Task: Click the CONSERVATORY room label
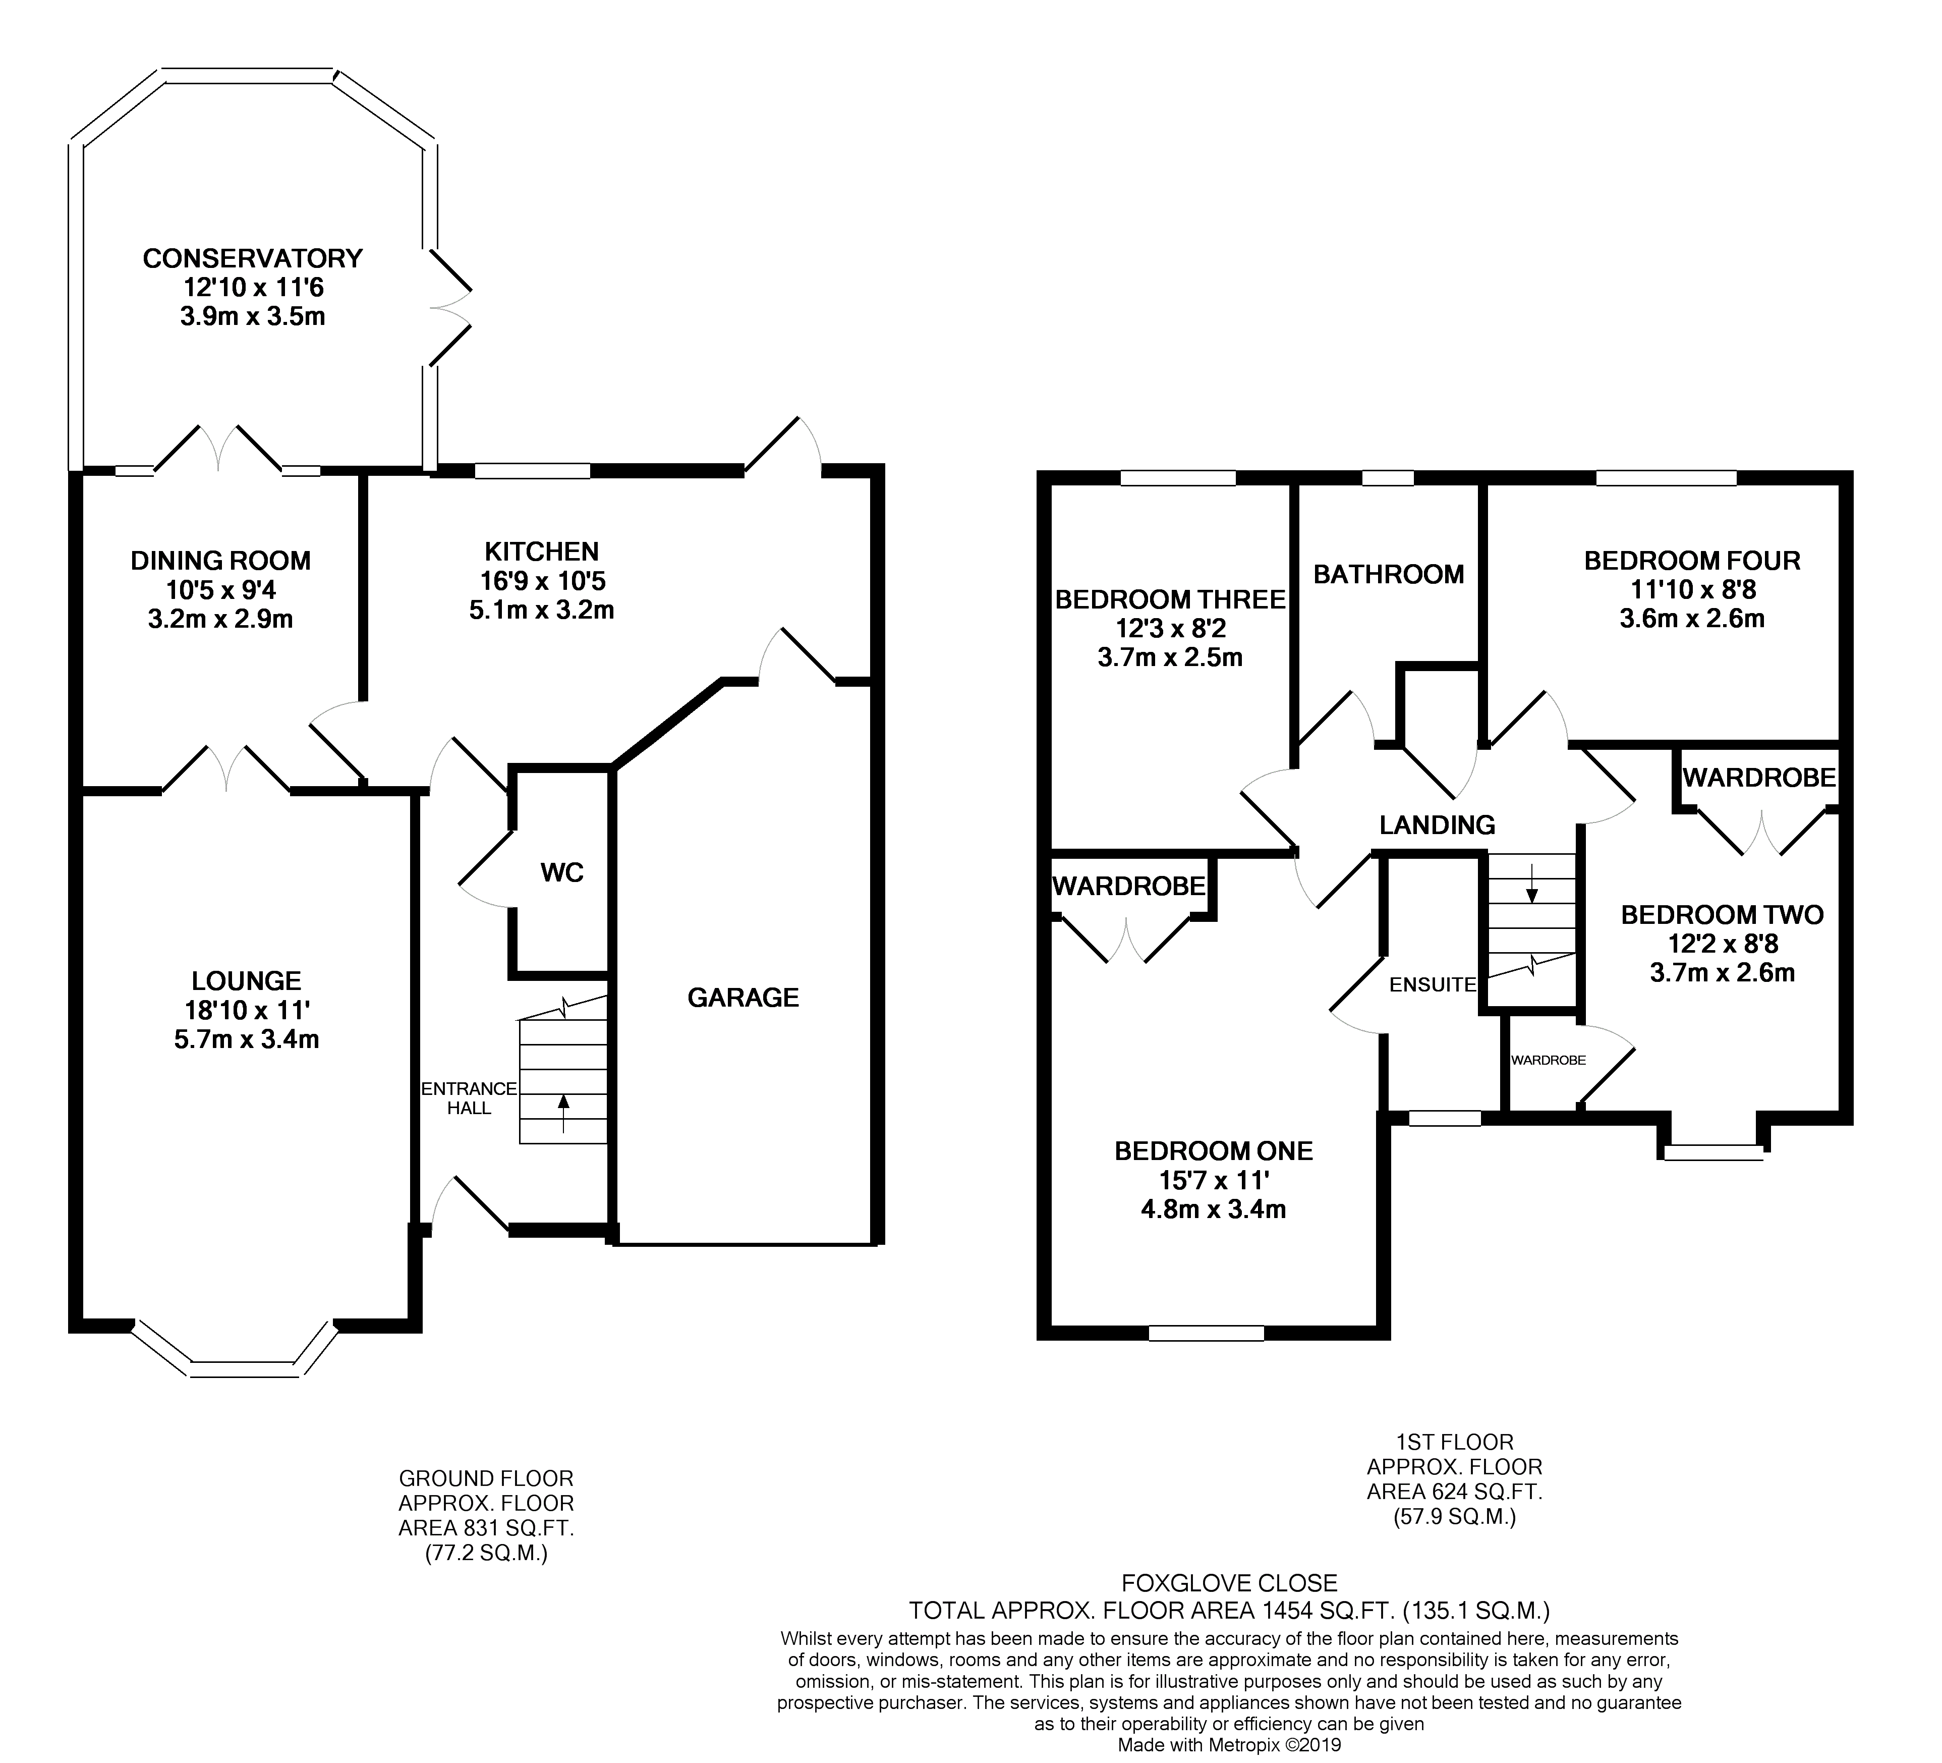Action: pyautogui.click(x=252, y=258)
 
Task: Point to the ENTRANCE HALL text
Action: pyautogui.click(x=469, y=1098)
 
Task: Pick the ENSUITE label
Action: pyautogui.click(x=1433, y=984)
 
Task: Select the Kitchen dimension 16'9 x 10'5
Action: pyautogui.click(x=542, y=581)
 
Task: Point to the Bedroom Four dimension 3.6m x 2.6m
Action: pyautogui.click(x=1692, y=619)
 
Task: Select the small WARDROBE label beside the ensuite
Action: pyautogui.click(x=1548, y=1060)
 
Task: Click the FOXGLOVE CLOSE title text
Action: pyautogui.click(x=1230, y=1583)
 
